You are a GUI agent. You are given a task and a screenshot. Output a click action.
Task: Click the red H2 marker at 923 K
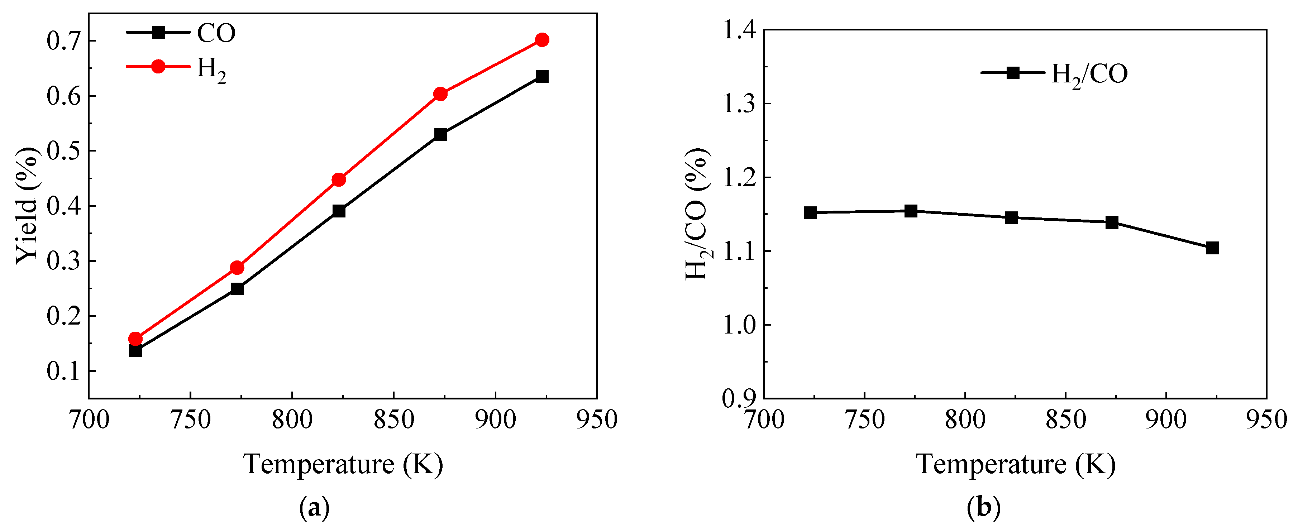(x=542, y=40)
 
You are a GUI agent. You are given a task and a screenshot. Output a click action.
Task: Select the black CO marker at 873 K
(x=440, y=134)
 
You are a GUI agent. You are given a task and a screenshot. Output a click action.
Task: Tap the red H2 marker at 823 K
(x=339, y=180)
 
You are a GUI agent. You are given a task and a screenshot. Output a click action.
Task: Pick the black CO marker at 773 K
(x=237, y=289)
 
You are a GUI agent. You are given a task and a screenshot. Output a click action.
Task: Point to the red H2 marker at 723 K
(x=135, y=339)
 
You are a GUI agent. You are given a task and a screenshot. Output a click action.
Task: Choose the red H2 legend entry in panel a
(x=176, y=67)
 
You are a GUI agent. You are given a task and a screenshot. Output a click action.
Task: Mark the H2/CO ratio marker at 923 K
(x=1212, y=248)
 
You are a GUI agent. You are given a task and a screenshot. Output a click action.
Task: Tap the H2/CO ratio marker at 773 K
(x=911, y=211)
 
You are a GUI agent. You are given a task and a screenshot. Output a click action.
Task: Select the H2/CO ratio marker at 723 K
(x=810, y=212)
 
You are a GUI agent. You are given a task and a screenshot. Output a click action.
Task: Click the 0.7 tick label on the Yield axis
(x=63, y=41)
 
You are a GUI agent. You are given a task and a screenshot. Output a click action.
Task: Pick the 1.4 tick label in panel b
(x=739, y=30)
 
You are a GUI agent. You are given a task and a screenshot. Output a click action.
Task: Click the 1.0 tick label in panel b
(x=739, y=325)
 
